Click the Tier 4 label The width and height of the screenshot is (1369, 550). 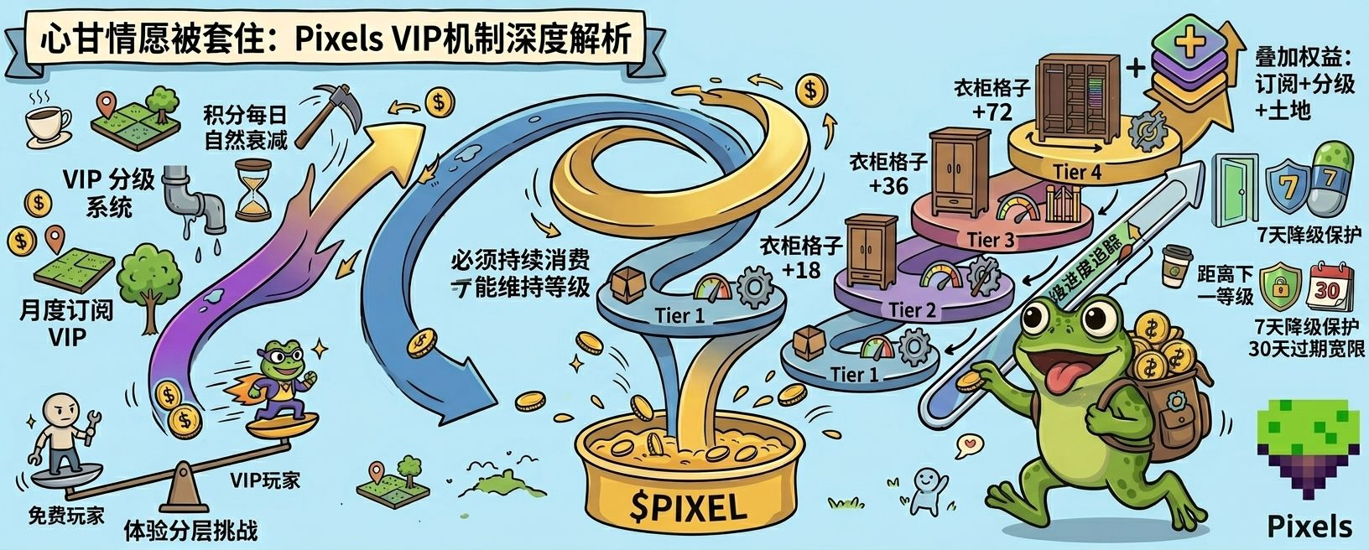[1076, 173]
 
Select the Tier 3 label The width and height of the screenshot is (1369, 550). [991, 240]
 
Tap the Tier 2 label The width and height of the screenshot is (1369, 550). [912, 310]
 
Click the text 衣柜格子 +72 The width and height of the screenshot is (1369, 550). [992, 99]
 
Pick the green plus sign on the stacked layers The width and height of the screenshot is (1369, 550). [1189, 40]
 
